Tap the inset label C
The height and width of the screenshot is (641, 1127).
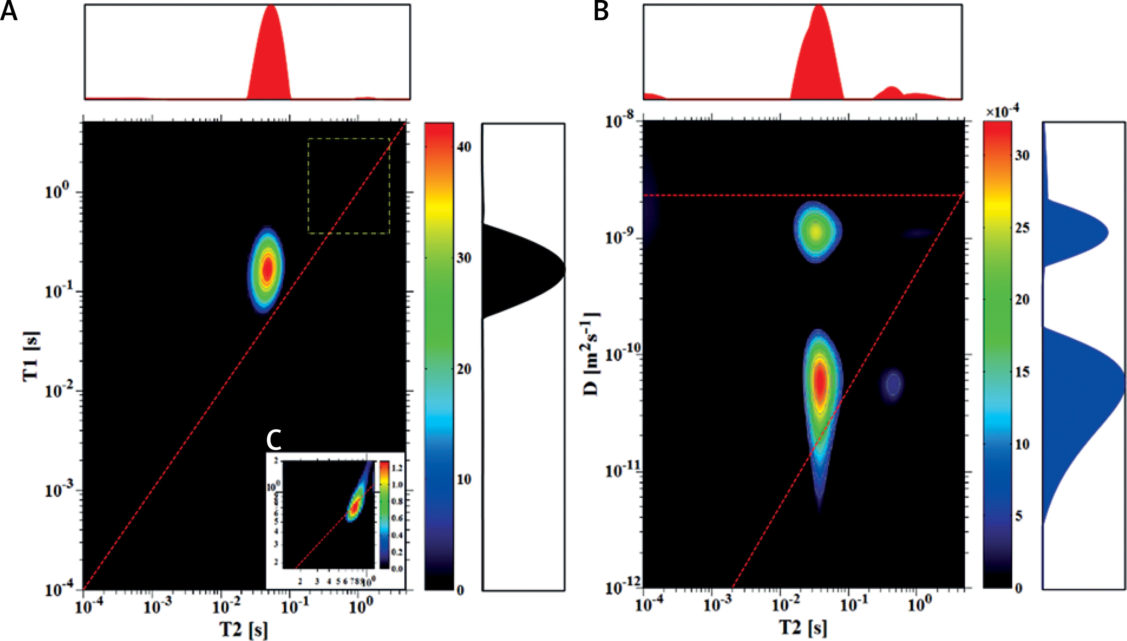click(x=274, y=440)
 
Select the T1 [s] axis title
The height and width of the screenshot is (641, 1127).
click(x=31, y=356)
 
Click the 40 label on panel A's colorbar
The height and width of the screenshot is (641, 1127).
click(x=464, y=147)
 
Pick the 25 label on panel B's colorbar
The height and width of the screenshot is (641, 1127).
click(x=1022, y=228)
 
